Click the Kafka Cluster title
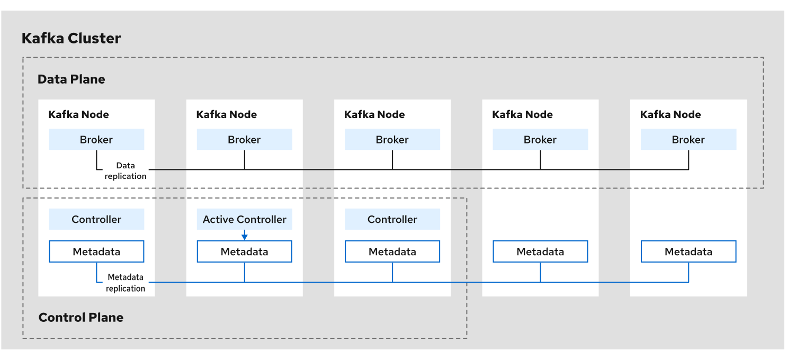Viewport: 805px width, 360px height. [71, 39]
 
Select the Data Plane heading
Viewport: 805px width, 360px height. [71, 79]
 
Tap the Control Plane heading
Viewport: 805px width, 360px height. [81, 318]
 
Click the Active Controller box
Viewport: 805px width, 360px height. [244, 219]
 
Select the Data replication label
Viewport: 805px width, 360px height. [126, 171]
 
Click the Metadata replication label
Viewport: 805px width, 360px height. [126, 283]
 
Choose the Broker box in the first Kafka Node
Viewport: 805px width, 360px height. [96, 140]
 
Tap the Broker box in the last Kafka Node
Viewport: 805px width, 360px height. [688, 140]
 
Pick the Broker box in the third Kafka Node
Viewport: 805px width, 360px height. [392, 140]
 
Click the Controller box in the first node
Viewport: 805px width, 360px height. [96, 219]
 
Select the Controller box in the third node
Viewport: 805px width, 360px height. [392, 219]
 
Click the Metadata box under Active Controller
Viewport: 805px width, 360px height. [244, 252]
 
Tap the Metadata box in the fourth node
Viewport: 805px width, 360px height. [540, 252]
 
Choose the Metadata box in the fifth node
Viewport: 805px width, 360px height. [688, 252]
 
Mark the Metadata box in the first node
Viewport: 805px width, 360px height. [96, 252]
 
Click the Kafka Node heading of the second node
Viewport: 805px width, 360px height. [226, 114]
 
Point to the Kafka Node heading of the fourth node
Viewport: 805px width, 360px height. [522, 114]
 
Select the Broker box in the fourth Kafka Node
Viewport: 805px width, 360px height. [540, 140]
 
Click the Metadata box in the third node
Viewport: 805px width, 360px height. [392, 252]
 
